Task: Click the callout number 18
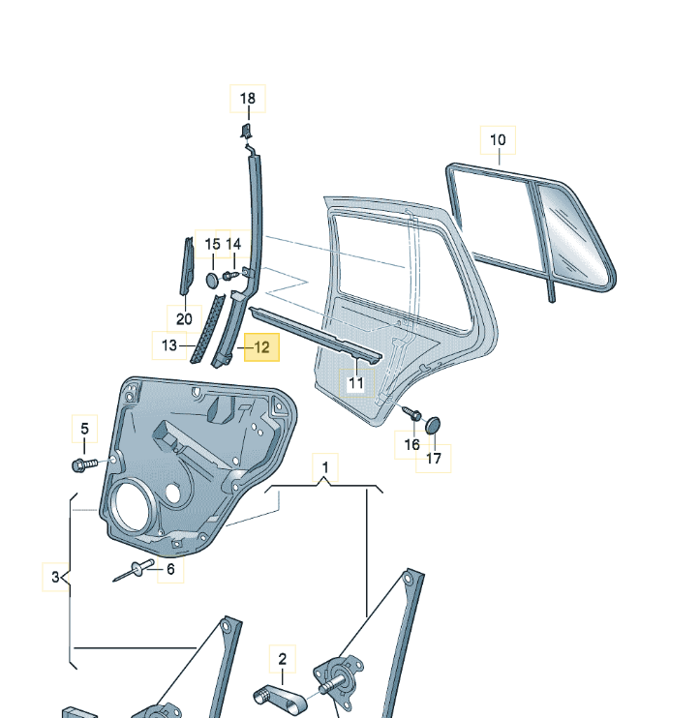point(248,98)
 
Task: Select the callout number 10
point(498,139)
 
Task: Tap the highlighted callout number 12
point(262,346)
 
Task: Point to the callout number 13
point(169,345)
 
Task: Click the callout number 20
point(184,318)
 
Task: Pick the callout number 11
point(356,383)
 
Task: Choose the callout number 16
point(412,444)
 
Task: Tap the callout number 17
point(434,459)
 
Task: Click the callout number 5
point(83,429)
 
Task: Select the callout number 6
point(170,569)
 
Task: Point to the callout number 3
point(55,579)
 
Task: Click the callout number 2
point(283,660)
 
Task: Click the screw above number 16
point(411,412)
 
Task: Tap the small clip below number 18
point(246,130)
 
